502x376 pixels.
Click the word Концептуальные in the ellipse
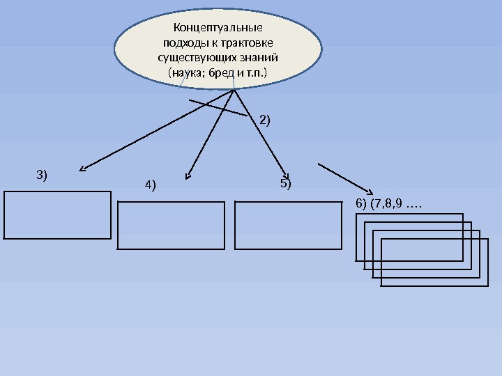pyautogui.click(x=217, y=29)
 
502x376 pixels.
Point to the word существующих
pyautogui.click(x=195, y=57)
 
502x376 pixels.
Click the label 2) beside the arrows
pyautogui.click(x=265, y=120)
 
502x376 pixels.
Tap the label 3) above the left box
pyautogui.click(x=42, y=174)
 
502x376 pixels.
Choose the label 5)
pyautogui.click(x=286, y=185)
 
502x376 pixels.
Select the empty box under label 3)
pyautogui.click(x=57, y=214)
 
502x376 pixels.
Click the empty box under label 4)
pyautogui.click(x=172, y=225)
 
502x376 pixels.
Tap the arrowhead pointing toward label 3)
pyautogui.click(x=82, y=168)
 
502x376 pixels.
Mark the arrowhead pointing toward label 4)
pyautogui.click(x=187, y=174)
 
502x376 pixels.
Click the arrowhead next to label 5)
pyautogui.click(x=285, y=173)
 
